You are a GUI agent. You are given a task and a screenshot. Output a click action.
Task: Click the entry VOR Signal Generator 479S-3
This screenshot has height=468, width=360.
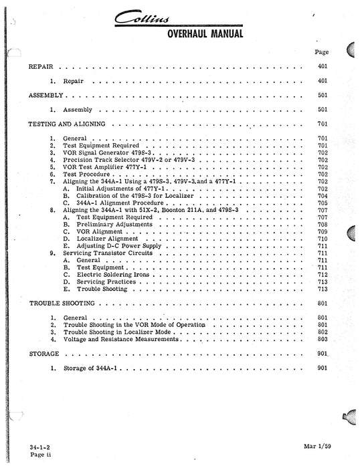click(x=98, y=152)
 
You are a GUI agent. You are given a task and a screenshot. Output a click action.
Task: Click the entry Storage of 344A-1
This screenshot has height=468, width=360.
click(x=91, y=368)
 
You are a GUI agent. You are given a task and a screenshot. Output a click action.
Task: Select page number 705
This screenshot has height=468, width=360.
click(x=322, y=203)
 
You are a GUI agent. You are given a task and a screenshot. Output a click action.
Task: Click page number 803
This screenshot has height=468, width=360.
click(x=322, y=340)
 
